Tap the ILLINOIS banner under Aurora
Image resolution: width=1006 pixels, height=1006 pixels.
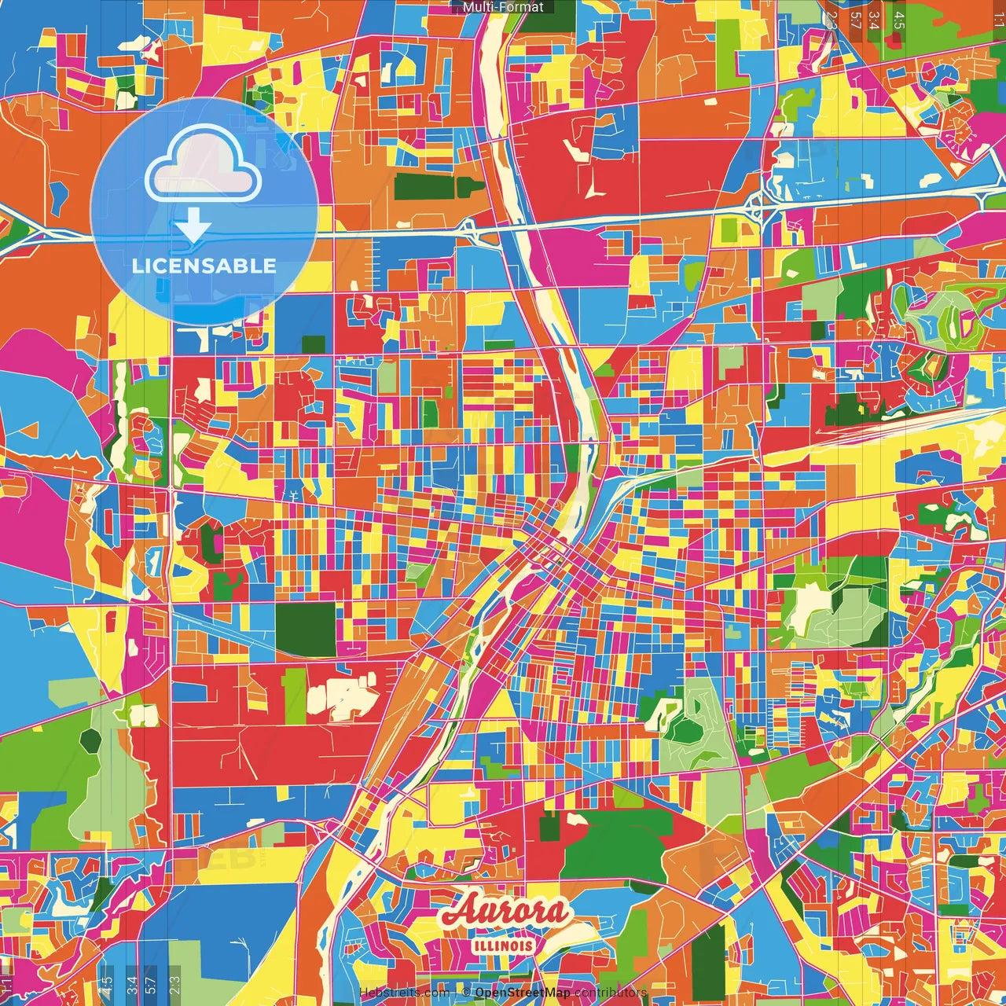(504, 946)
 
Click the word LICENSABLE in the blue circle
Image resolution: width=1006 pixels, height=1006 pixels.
(204, 266)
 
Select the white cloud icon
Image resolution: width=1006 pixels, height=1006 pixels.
(204, 163)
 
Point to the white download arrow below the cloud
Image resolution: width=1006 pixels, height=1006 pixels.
(193, 226)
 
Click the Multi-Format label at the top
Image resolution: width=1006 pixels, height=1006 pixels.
(503, 7)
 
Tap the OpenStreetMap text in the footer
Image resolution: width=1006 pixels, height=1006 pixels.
(523, 993)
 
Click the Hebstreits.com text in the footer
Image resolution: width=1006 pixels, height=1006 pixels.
(404, 993)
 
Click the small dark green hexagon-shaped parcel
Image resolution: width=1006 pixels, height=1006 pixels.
(91, 739)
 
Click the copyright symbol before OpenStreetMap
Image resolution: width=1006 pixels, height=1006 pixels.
(466, 993)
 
